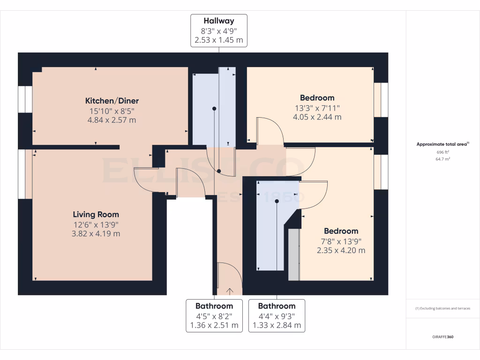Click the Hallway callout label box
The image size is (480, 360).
(x=218, y=30)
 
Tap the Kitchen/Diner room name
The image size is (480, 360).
(x=112, y=101)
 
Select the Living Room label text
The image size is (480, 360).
(x=96, y=215)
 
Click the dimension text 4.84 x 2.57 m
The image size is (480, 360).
(x=112, y=120)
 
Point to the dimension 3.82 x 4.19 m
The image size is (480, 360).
(x=96, y=233)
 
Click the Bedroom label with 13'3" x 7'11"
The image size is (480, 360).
(x=317, y=98)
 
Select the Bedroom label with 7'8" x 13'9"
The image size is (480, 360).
(x=341, y=231)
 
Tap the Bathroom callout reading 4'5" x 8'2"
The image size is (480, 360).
(x=214, y=315)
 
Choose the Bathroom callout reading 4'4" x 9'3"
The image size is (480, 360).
(x=277, y=315)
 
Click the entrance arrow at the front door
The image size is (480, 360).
(x=230, y=291)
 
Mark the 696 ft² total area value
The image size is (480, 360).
(x=442, y=152)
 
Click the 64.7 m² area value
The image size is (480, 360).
(x=442, y=159)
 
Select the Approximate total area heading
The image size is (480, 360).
(x=442, y=144)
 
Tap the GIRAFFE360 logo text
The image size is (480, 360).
(x=442, y=337)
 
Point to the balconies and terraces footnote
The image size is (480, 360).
(x=442, y=308)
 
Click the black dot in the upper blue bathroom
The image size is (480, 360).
(x=214, y=109)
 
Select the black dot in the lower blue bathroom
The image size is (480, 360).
(x=277, y=201)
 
